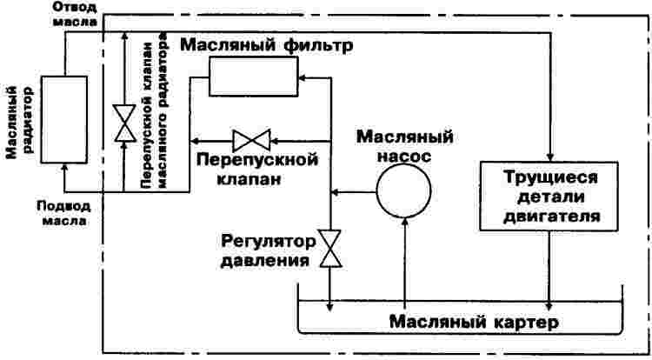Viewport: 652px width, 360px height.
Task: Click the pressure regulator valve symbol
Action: click(x=330, y=249)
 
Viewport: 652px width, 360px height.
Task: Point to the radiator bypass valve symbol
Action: click(x=123, y=123)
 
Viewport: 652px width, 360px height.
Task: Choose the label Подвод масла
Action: click(x=62, y=213)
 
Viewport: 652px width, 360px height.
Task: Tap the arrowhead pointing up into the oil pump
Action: click(x=404, y=223)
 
